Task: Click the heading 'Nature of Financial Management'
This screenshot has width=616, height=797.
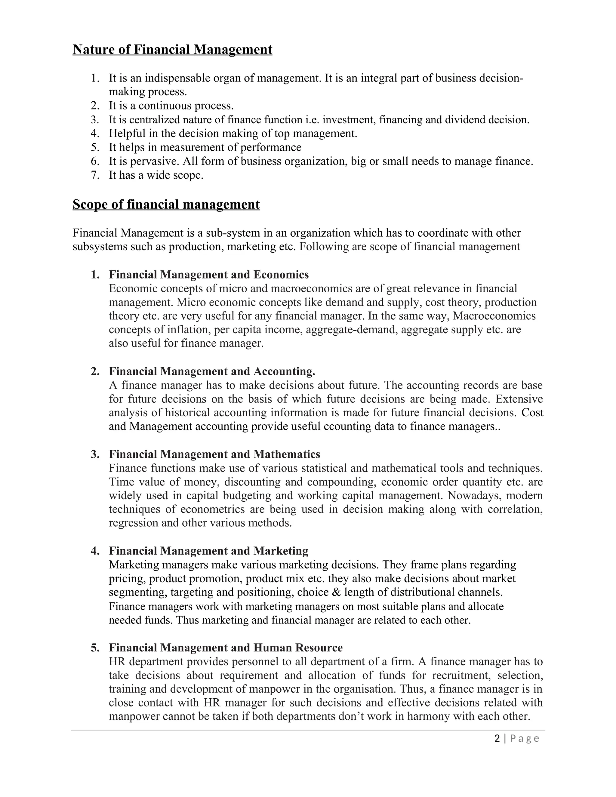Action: [x=172, y=49]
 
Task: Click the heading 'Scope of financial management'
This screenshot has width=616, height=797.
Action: [x=166, y=204]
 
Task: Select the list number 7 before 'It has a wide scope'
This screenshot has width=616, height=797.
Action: [x=95, y=175]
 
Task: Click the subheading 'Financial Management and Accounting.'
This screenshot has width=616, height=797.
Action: [x=212, y=371]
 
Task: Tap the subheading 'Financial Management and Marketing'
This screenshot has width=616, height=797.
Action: [x=208, y=551]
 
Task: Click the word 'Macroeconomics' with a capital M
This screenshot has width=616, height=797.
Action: [x=494, y=316]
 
